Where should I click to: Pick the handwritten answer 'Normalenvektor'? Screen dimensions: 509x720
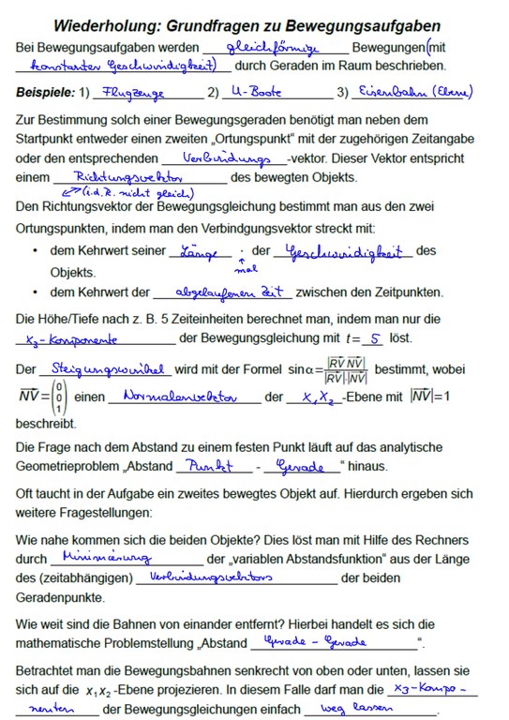177,397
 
